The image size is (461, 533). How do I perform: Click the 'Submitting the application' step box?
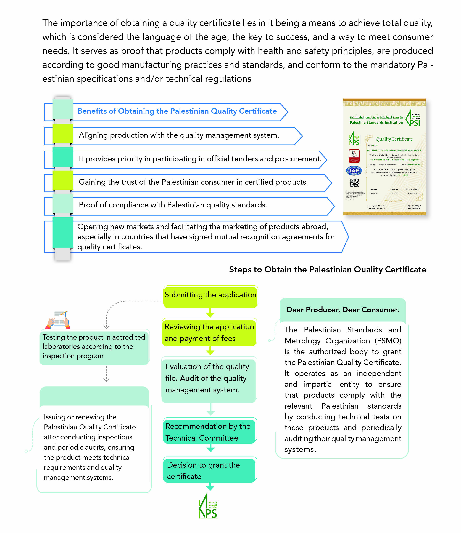(x=210, y=297)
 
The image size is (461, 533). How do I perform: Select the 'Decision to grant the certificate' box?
(x=209, y=470)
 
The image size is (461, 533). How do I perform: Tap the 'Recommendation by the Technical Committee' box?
(x=209, y=432)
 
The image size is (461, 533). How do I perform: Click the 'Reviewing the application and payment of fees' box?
(x=209, y=332)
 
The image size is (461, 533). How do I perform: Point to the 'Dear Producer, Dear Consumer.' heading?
(x=343, y=310)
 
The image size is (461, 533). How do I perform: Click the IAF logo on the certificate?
(x=354, y=170)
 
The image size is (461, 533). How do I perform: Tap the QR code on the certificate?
(x=354, y=183)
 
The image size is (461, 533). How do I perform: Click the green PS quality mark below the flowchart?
(x=209, y=506)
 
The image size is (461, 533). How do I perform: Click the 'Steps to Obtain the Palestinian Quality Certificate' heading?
(x=328, y=270)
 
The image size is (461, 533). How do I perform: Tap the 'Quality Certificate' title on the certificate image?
(x=394, y=139)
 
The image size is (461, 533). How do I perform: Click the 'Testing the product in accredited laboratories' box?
(x=94, y=347)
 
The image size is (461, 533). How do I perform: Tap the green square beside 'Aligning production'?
(x=63, y=133)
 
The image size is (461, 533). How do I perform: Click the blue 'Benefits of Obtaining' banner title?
(x=177, y=111)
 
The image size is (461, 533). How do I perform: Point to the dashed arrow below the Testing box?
(x=106, y=374)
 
